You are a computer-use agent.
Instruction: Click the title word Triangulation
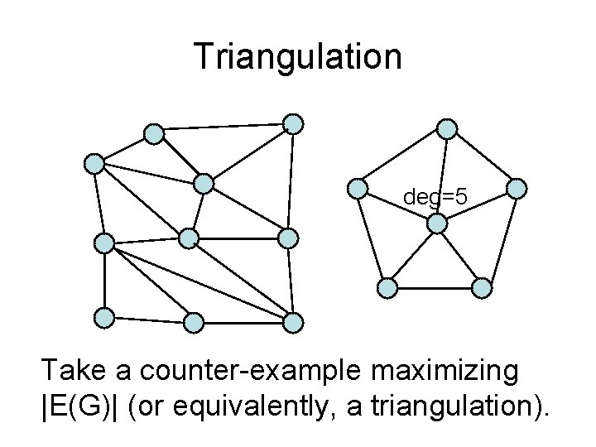click(298, 56)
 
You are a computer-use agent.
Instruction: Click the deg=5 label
click(435, 197)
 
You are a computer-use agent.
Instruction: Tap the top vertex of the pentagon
click(447, 128)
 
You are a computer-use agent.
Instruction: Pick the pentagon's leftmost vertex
click(358, 189)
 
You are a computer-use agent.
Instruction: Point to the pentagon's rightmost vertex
click(516, 189)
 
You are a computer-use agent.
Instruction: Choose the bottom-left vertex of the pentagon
click(387, 287)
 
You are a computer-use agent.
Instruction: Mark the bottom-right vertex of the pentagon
click(483, 287)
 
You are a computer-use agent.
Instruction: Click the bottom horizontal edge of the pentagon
click(435, 287)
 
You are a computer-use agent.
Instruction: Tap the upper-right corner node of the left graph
click(294, 124)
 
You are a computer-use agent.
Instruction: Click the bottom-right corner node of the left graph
click(294, 321)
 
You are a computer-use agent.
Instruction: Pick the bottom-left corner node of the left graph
click(103, 316)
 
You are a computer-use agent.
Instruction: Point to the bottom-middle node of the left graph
click(192, 321)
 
